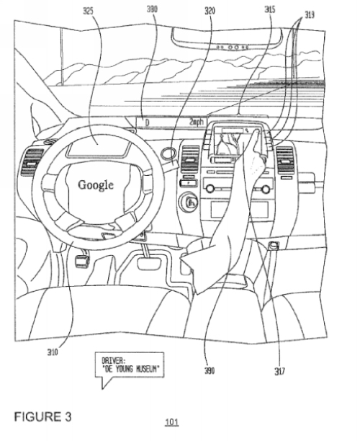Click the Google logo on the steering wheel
(x=96, y=185)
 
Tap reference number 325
(x=88, y=12)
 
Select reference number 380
(x=152, y=9)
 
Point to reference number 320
(x=210, y=12)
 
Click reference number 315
(x=270, y=10)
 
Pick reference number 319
(x=310, y=14)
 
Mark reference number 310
(x=53, y=352)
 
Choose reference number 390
(x=210, y=370)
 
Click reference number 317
(x=279, y=371)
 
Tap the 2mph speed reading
(x=197, y=122)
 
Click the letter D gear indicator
(x=147, y=123)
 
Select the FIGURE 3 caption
(x=42, y=416)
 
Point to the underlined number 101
(x=171, y=422)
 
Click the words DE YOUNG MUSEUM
(x=132, y=368)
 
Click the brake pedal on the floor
(x=149, y=264)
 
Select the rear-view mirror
(x=227, y=37)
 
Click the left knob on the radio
(x=210, y=189)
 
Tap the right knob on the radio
(x=265, y=190)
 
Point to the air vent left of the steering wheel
(x=32, y=161)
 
